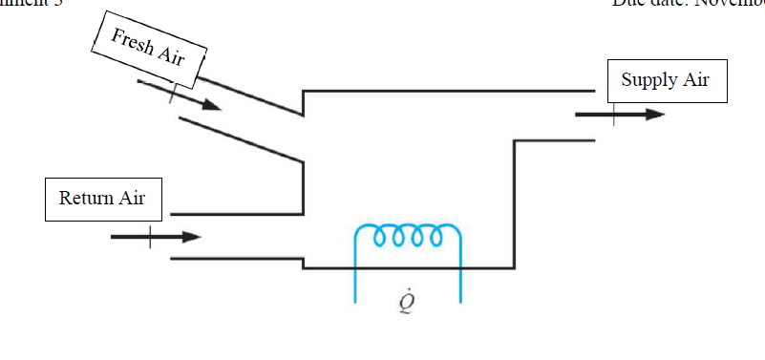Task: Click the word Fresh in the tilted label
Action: [x=133, y=42]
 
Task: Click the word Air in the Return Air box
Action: [x=133, y=199]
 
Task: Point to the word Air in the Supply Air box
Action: [x=695, y=80]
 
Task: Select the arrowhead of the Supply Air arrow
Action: [x=653, y=115]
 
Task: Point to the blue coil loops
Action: [x=408, y=235]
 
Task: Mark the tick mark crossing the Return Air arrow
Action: [x=149, y=237]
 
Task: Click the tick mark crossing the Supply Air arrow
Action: [x=614, y=115]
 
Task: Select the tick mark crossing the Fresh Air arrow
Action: [x=173, y=92]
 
